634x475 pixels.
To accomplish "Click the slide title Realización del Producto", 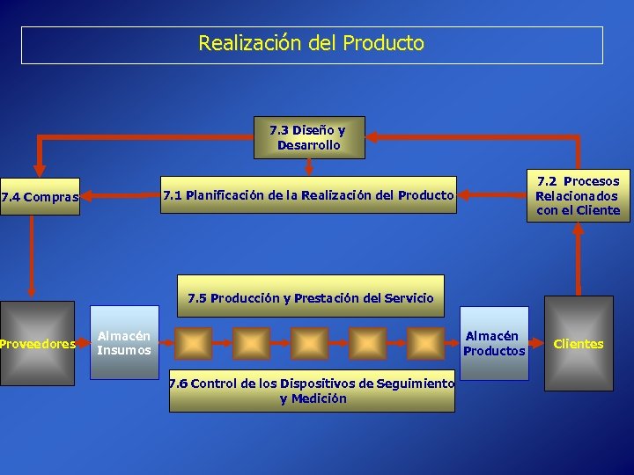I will (x=312, y=43).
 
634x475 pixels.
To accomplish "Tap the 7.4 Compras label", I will (x=41, y=197).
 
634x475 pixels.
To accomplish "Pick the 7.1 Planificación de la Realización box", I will (x=307, y=195).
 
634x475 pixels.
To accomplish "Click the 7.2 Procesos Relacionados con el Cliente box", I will (x=578, y=195).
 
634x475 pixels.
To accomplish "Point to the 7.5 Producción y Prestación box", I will (x=310, y=297).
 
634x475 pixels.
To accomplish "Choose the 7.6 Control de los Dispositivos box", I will (x=312, y=391).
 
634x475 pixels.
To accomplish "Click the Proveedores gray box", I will (x=38, y=343).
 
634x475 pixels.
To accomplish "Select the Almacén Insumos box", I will (x=125, y=342).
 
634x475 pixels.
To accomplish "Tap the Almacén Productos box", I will (x=495, y=343).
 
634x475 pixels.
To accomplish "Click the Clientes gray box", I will (x=579, y=343).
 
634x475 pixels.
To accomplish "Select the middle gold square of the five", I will (x=309, y=343).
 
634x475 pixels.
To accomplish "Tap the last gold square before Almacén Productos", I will (x=426, y=343).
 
